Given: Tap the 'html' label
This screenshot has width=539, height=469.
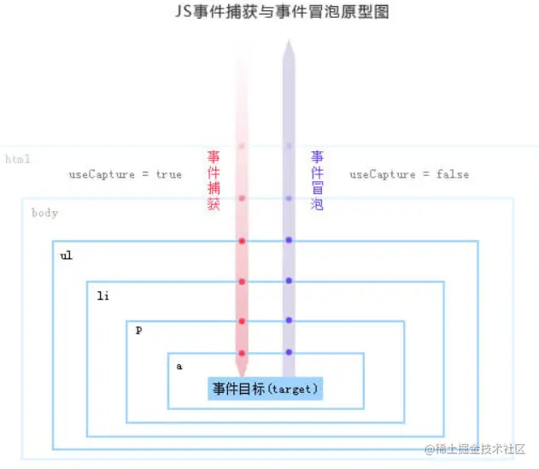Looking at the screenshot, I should click(x=18, y=160).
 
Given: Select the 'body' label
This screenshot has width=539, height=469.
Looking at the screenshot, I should click(x=44, y=213).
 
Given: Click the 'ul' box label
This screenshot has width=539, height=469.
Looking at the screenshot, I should click(x=66, y=255).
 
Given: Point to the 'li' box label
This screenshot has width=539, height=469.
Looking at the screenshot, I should click(x=103, y=296).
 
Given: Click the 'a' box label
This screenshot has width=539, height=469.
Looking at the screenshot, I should click(x=179, y=366).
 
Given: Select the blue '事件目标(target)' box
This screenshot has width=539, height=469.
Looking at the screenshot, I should click(x=265, y=389).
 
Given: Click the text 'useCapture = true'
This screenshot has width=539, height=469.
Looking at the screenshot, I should click(x=125, y=174).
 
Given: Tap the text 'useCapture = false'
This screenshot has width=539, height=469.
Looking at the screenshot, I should click(x=408, y=174).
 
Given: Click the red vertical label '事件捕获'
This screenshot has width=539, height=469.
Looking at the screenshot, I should click(x=214, y=180).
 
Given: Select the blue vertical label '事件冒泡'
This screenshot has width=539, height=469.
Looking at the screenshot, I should click(x=317, y=180).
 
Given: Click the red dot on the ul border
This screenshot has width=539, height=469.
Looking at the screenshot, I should click(x=242, y=241).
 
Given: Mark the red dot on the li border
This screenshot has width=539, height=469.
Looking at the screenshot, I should click(x=242, y=281).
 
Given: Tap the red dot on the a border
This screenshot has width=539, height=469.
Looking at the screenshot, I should click(x=242, y=353).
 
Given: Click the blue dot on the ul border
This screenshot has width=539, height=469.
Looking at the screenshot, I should click(x=289, y=240).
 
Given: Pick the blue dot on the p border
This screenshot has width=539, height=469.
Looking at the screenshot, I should click(x=289, y=320).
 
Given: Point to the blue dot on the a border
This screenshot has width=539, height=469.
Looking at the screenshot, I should click(x=289, y=352).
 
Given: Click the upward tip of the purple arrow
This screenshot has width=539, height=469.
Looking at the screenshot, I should click(x=289, y=43).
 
